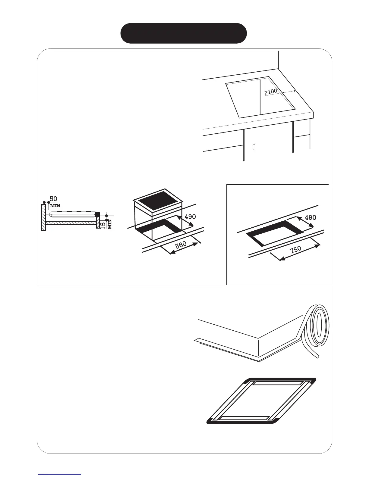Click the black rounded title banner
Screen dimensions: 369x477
pos(184,33)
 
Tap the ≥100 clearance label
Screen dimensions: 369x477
pos(271,91)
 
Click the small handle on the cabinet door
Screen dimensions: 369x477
pos(254,147)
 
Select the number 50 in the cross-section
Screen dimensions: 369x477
pos(53,199)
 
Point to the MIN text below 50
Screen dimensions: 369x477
pos(55,206)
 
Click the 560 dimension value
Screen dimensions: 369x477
pos(181,245)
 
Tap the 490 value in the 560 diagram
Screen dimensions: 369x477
pos(190,217)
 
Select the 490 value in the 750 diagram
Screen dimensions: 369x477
pos(311,217)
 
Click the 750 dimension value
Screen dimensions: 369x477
pos(296,250)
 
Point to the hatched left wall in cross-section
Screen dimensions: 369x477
pos(44,217)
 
